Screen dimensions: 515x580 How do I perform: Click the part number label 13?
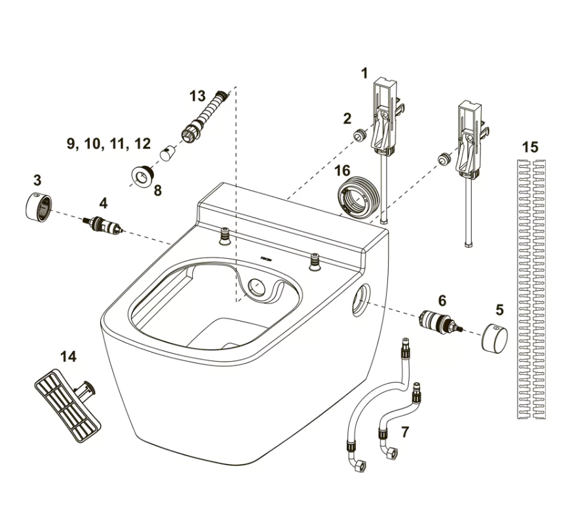coord(197,96)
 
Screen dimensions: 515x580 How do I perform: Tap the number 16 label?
coord(341,171)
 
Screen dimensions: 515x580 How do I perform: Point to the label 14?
coord(68,356)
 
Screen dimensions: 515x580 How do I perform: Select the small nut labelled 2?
coord(358,135)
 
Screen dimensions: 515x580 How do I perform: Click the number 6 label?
coord(442,301)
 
